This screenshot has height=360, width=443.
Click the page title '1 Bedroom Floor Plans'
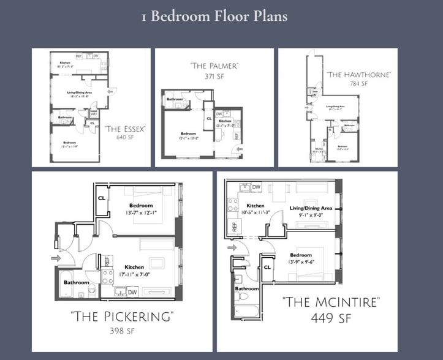[214, 16]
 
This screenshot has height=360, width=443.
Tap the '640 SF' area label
[124, 138]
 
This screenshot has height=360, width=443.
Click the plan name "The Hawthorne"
[358, 75]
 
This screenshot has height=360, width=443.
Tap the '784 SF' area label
[358, 84]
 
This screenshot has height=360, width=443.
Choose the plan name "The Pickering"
[122, 317]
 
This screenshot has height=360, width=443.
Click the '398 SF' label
[122, 331]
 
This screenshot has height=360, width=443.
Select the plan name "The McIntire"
[331, 302]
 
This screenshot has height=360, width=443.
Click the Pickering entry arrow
[56, 258]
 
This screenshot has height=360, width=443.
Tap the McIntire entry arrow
[231, 248]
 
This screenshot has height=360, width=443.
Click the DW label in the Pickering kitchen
[132, 291]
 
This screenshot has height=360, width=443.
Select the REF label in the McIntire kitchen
[235, 228]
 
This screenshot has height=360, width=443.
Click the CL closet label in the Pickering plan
[102, 197]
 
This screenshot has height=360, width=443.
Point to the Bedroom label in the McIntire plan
[301, 255]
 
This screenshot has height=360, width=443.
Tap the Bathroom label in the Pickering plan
[77, 282]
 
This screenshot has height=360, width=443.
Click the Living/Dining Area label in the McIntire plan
[311, 208]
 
